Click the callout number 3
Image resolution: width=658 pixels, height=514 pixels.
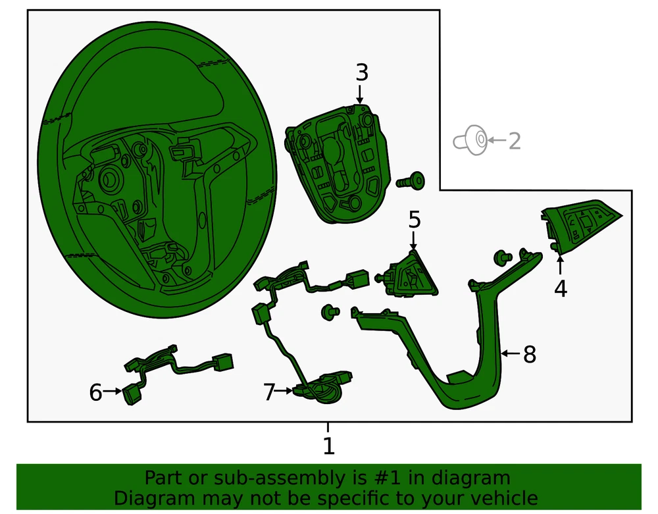pyautogui.click(x=362, y=72)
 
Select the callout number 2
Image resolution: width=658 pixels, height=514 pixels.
pyautogui.click(x=514, y=140)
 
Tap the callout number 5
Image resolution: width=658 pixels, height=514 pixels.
pyautogui.click(x=414, y=219)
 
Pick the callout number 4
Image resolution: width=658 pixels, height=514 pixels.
pyautogui.click(x=560, y=288)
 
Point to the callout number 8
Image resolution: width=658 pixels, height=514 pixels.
pyautogui.click(x=530, y=355)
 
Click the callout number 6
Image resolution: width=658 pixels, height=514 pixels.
pyautogui.click(x=96, y=393)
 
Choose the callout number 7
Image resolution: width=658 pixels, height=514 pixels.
pyautogui.click(x=268, y=392)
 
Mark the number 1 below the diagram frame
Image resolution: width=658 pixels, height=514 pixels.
pyautogui.click(x=328, y=446)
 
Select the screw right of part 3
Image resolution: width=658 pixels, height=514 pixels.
pyautogui.click(x=411, y=180)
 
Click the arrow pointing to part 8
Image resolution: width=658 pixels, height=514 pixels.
pyautogui.click(x=511, y=354)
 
